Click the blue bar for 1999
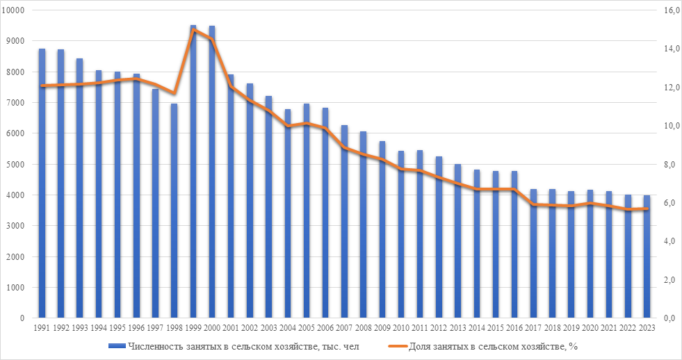coord(193,174)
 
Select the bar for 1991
coord(42,184)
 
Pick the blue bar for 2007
coord(344,222)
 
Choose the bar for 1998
coord(174,212)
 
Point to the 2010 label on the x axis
coord(401,328)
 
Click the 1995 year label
coord(117,328)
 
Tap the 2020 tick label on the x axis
coord(590,328)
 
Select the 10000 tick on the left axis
coord(15,10)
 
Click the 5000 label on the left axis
coord(17,165)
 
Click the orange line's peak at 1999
coord(193,30)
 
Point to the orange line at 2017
coord(533,204)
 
